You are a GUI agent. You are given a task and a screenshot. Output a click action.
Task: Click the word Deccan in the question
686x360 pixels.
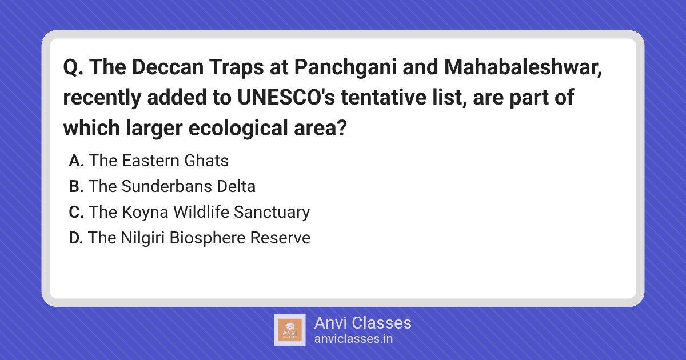coord(168,67)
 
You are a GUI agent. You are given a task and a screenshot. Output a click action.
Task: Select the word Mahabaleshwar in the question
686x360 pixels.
coord(523,67)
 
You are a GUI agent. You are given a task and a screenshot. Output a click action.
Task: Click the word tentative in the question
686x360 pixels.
coord(384,97)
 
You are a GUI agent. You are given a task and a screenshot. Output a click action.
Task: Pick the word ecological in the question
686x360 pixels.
coord(238,128)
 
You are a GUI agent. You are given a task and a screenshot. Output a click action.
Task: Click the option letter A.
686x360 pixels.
coord(76,161)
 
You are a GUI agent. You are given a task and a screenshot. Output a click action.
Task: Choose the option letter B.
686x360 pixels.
coord(76,186)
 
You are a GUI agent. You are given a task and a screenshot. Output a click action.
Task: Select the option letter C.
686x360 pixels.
coord(76,212)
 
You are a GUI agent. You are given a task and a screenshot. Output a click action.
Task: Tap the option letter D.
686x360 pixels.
coord(76,238)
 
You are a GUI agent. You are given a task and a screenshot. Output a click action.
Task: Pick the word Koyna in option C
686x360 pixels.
coord(145,213)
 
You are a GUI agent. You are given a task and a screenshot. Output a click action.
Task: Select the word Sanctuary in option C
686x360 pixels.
coord(272,213)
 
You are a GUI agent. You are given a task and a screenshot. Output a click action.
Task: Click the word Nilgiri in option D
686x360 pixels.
coord(143,238)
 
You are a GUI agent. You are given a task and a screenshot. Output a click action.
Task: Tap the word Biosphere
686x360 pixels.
coord(208,238)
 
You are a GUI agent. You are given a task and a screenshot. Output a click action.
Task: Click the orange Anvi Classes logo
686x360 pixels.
coord(290,330)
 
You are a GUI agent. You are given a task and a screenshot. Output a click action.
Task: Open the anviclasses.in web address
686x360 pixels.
coord(353,339)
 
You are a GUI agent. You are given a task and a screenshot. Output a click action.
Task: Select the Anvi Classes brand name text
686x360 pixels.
coord(363,323)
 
